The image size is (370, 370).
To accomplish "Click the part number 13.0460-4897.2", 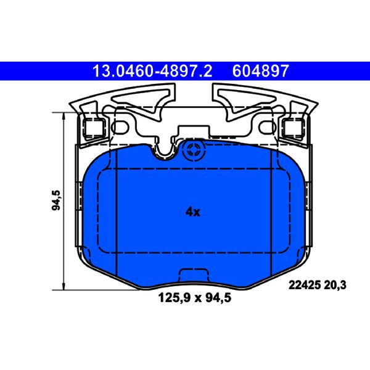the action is click(x=152, y=71).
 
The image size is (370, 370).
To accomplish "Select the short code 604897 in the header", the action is click(x=260, y=71).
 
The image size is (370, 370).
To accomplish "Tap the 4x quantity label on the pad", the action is click(x=193, y=212).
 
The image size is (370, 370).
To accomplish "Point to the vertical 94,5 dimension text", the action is click(x=56, y=200).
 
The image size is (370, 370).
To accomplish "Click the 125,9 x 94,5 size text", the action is click(x=195, y=298).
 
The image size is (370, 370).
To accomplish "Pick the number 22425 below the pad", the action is click(x=305, y=285).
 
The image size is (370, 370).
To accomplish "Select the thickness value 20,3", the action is click(x=335, y=285).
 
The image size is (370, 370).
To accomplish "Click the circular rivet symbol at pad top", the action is click(x=194, y=150).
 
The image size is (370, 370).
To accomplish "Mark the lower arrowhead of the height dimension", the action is click(x=64, y=286).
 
